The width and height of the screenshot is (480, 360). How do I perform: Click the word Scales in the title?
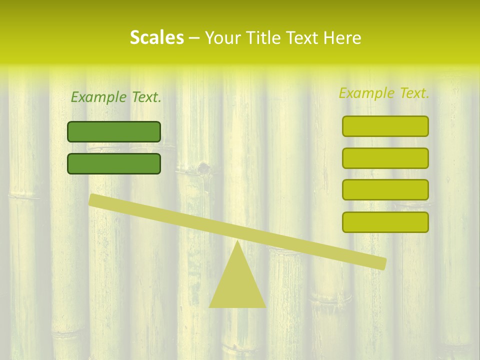[156, 37]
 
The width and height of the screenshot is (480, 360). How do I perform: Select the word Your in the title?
[222, 38]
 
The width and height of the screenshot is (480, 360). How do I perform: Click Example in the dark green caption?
[98, 97]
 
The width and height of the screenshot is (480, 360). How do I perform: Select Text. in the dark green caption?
[145, 97]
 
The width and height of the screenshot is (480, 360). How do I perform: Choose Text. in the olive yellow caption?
[413, 93]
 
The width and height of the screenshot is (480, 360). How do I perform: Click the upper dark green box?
[114, 131]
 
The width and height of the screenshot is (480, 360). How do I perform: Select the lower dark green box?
[114, 163]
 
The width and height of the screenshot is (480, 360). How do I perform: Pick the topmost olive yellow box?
[385, 126]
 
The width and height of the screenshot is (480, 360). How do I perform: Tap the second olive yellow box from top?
[385, 158]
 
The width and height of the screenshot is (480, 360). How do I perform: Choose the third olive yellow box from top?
[385, 190]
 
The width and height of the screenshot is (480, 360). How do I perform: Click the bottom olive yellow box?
[385, 222]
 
